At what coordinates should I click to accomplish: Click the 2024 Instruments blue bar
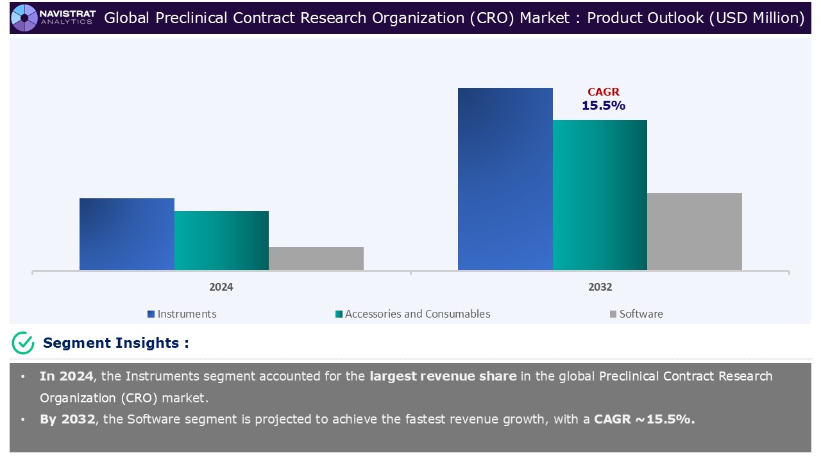click(x=126, y=234)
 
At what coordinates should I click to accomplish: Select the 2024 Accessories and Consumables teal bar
click(x=221, y=241)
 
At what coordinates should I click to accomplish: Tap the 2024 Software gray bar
click(x=316, y=259)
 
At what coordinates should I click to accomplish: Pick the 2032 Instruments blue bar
click(x=505, y=179)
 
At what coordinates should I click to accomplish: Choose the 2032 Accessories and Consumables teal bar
click(x=600, y=195)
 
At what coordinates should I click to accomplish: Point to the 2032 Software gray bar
click(x=694, y=232)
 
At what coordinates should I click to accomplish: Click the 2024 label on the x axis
click(x=221, y=287)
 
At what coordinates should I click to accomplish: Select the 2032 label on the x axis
click(x=600, y=287)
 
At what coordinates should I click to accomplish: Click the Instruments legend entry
click(x=182, y=314)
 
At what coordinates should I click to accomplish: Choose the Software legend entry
click(x=636, y=314)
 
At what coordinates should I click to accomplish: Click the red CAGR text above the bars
click(x=604, y=92)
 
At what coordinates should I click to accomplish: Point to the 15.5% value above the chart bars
click(x=604, y=106)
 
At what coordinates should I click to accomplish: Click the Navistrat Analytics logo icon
click(x=24, y=17)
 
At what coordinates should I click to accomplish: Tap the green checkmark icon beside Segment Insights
click(x=23, y=343)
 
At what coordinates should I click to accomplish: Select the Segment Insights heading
click(x=115, y=343)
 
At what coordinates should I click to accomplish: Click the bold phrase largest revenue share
click(x=443, y=376)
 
